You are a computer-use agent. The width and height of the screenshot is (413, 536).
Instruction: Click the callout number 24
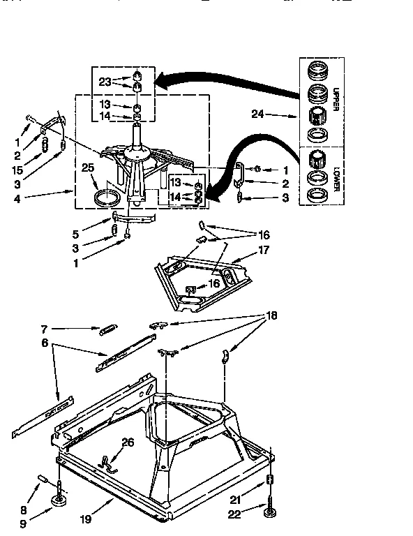[x=257, y=113]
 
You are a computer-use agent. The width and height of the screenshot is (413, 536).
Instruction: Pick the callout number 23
[x=105, y=81]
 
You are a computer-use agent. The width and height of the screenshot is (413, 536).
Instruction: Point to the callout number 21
[x=235, y=498]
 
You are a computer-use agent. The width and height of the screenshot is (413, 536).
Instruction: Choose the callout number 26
[x=126, y=441]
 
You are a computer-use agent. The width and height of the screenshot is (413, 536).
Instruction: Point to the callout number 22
[x=235, y=516]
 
